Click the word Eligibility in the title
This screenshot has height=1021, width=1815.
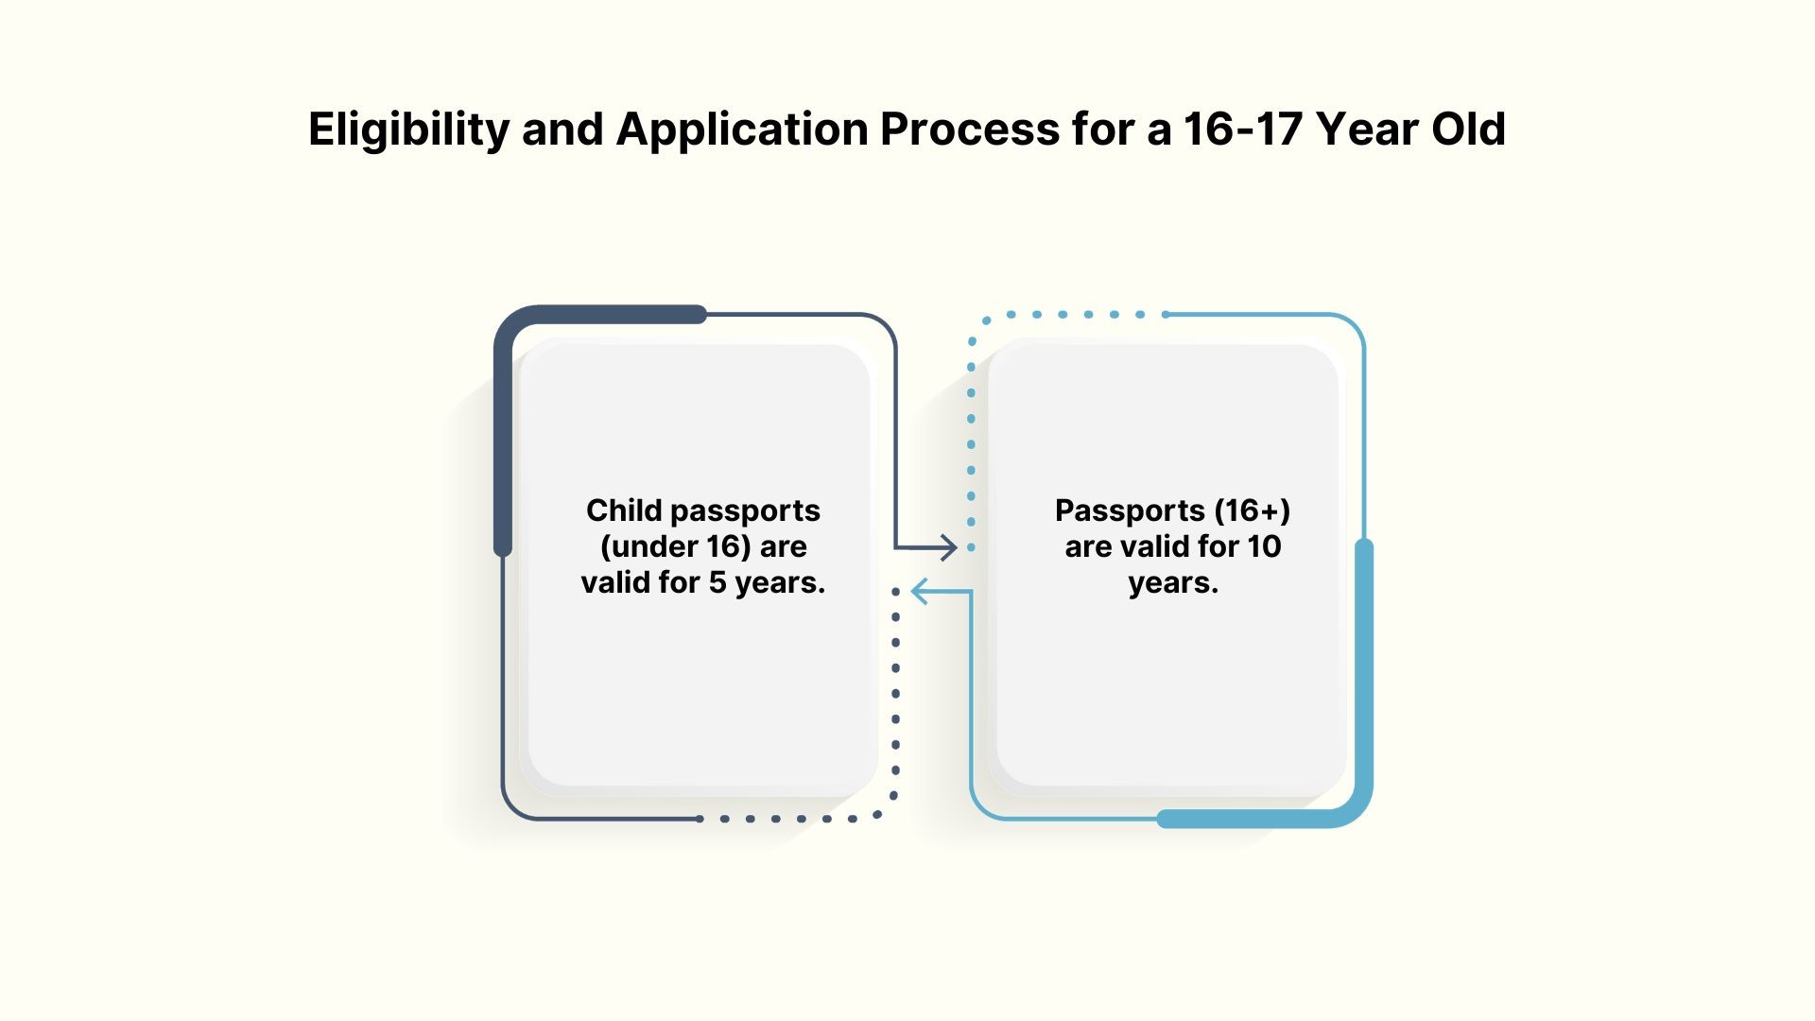coord(409,130)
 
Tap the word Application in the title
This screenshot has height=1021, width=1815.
coord(742,130)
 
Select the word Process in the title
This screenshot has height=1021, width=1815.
coord(970,129)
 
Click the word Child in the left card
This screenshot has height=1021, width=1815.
coord(624,510)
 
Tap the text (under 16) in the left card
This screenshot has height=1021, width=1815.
coord(676,546)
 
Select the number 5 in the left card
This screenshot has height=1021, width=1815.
coord(717,582)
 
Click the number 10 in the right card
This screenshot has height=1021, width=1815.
coord(1264,546)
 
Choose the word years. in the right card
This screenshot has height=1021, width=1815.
coord(1173,583)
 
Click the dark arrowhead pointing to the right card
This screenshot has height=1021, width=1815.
coord(945,546)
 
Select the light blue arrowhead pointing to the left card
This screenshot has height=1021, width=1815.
coord(923,592)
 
